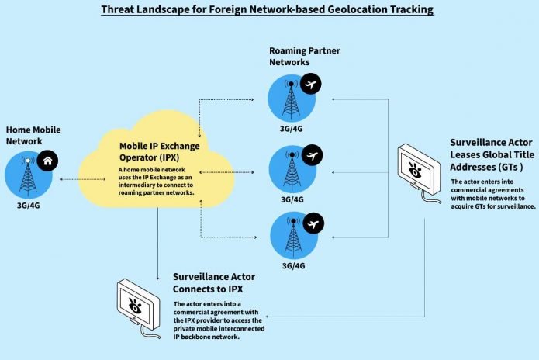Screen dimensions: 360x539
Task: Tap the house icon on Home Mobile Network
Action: [48, 160]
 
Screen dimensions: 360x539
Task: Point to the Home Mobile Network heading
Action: [33, 135]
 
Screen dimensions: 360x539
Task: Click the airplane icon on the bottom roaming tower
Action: [313, 224]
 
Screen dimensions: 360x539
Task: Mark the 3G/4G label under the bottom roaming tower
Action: [292, 266]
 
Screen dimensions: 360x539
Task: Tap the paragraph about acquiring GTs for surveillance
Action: [492, 195]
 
